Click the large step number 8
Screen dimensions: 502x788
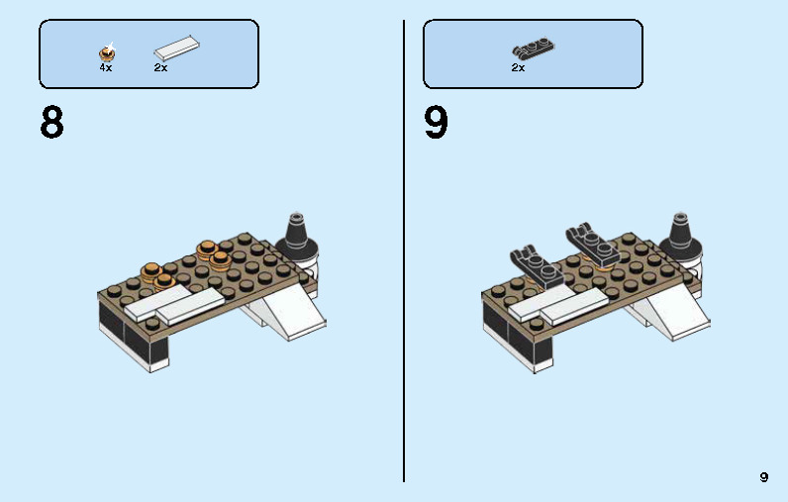(x=52, y=124)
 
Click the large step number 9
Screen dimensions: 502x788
(x=437, y=124)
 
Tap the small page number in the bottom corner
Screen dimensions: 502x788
(x=763, y=477)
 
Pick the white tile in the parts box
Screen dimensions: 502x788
(x=175, y=49)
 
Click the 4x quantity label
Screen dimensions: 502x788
(x=106, y=68)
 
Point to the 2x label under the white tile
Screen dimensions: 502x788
(x=160, y=68)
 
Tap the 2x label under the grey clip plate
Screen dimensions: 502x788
(x=518, y=68)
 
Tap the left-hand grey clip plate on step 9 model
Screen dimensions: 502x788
(x=535, y=264)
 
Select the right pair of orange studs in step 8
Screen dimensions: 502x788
(x=214, y=254)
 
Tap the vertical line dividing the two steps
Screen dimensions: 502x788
(x=404, y=248)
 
